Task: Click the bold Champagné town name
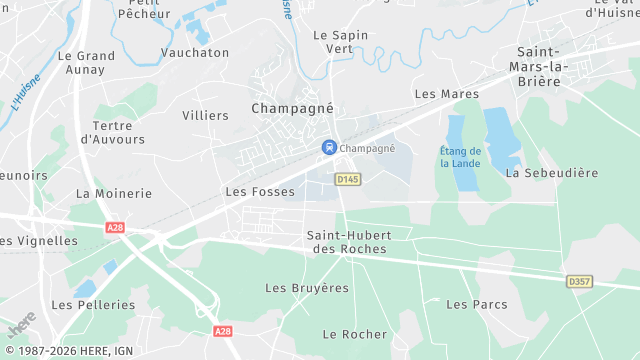coord(291,108)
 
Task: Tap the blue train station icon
coord(328,148)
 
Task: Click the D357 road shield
coord(579,282)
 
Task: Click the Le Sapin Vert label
coord(340,41)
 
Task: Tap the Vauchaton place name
coord(195,52)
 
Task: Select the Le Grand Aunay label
coord(87,63)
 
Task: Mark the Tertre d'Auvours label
coord(118,133)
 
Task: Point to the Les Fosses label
coord(260,191)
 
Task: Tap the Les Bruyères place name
coord(307,288)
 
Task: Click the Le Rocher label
coord(355,334)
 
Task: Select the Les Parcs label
coord(476,304)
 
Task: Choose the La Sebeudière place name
coord(552,173)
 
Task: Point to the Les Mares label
coord(440,94)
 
